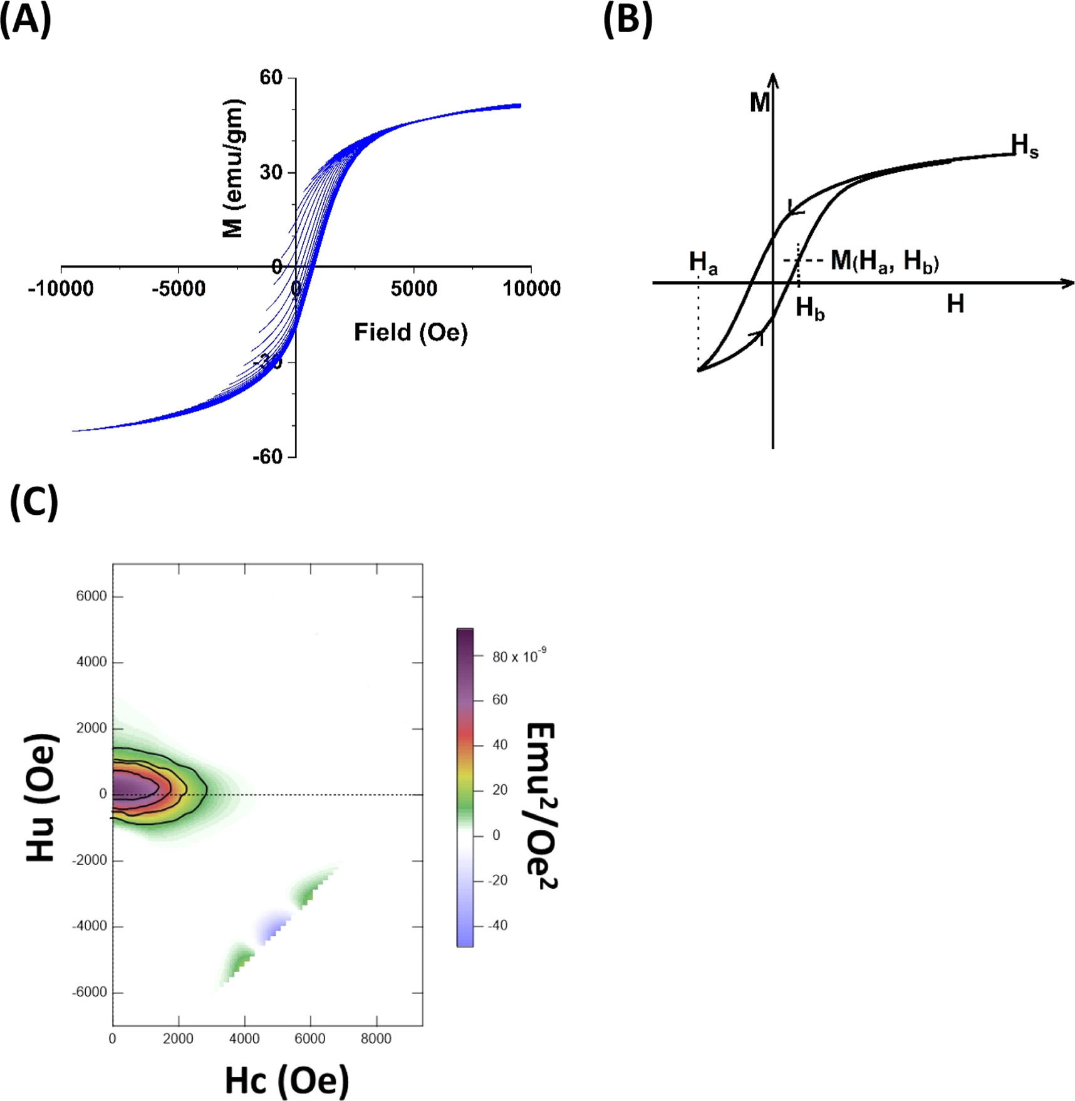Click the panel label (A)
(25, 20)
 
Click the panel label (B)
(627, 20)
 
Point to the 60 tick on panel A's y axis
(271, 78)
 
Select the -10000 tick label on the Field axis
(61, 289)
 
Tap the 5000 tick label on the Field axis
(413, 289)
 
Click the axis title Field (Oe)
(410, 332)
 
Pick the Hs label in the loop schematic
(1024, 146)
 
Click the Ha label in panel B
(703, 262)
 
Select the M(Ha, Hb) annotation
(884, 261)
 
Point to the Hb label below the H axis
(809, 309)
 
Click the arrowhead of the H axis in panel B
(1069, 283)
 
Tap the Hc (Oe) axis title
(286, 1080)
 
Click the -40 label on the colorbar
(498, 925)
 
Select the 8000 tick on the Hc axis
(376, 1038)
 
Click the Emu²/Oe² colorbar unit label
(540, 805)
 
